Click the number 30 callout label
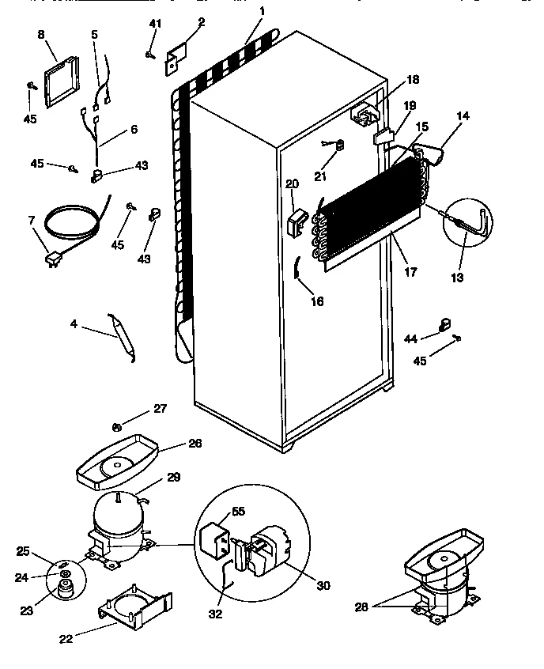click(x=323, y=586)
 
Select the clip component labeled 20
click(x=297, y=221)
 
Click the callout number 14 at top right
click(x=462, y=116)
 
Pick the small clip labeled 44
click(x=444, y=323)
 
